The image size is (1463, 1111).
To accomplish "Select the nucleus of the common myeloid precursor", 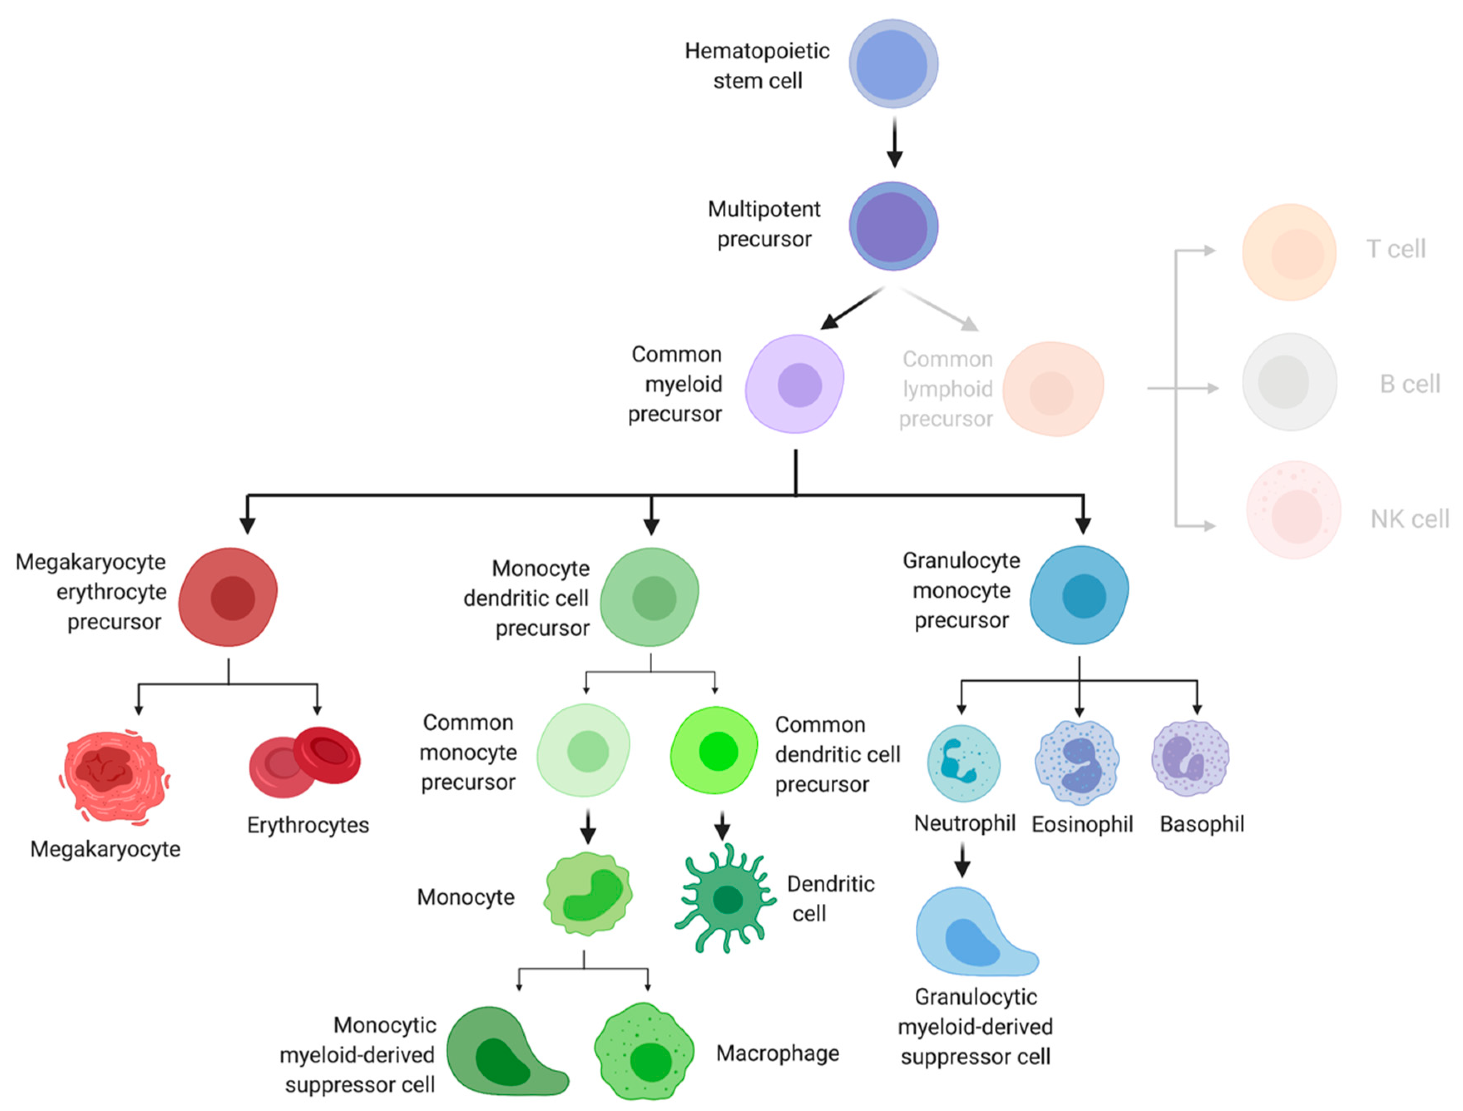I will click(799, 385).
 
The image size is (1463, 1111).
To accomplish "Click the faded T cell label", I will click(1396, 250).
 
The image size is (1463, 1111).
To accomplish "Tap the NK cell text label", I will click(1409, 519).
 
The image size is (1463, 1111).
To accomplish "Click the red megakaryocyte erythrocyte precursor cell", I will click(228, 597).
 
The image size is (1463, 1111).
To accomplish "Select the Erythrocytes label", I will click(308, 825).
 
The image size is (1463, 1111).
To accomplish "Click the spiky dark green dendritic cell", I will click(726, 899).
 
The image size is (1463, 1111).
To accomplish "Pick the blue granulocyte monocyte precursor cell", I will click(1080, 595).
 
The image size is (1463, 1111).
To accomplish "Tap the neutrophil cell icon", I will click(963, 763).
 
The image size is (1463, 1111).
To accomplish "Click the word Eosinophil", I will click(1082, 824).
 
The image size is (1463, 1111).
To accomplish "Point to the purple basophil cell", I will click(1191, 758).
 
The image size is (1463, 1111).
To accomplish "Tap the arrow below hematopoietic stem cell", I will click(894, 142).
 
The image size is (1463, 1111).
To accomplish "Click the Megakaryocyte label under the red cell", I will click(105, 849).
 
